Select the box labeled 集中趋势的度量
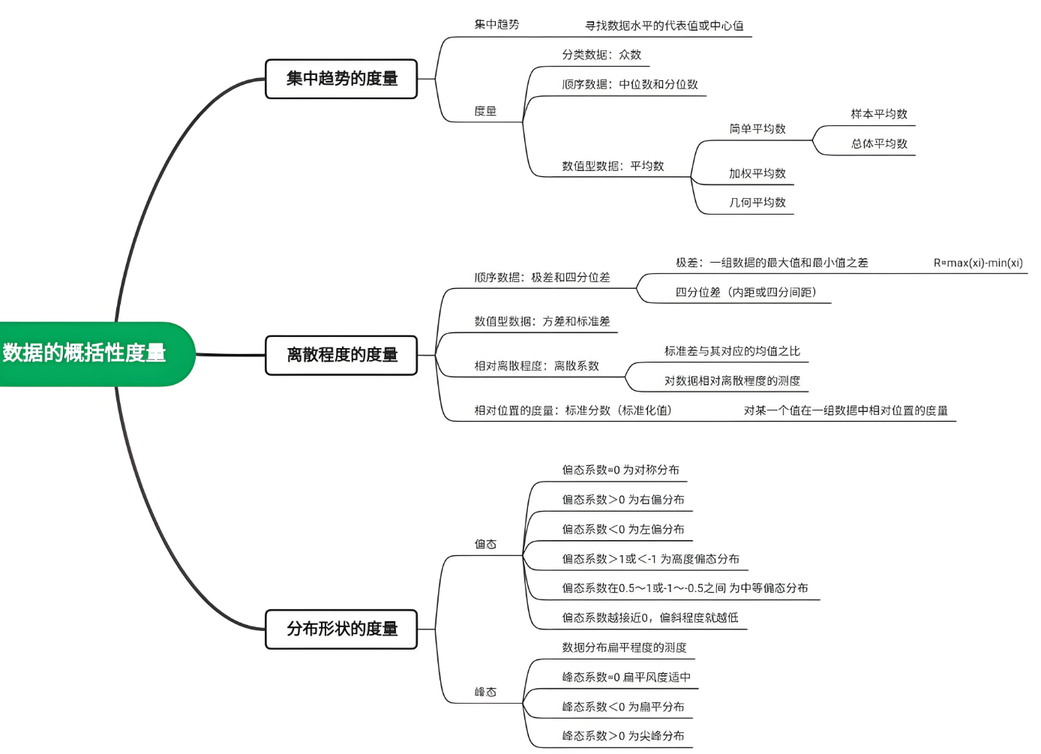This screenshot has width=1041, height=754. (341, 79)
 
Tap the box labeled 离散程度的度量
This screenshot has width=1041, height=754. (341, 355)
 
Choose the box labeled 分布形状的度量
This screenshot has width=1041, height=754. (341, 629)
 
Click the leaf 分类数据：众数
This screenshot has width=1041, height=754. (601, 55)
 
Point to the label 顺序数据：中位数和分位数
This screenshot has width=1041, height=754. (629, 85)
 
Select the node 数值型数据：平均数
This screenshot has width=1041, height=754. (613, 166)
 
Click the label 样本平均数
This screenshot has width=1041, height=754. (878, 114)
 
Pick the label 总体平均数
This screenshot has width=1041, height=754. (878, 144)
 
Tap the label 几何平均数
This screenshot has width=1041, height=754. (757, 203)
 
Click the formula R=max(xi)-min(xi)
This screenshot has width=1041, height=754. (977, 263)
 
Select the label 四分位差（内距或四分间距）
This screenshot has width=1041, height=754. (745, 293)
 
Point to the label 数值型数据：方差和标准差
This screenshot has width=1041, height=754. (541, 322)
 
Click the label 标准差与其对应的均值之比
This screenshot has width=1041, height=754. (731, 351)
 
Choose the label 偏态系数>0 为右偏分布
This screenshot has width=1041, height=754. (622, 500)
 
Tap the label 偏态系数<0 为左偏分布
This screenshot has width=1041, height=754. (622, 530)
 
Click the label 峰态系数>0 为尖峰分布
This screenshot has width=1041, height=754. (622, 736)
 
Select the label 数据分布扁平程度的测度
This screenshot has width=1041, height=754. (624, 647)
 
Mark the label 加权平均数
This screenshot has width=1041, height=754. (757, 173)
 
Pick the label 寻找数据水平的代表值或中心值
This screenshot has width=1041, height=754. (664, 26)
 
